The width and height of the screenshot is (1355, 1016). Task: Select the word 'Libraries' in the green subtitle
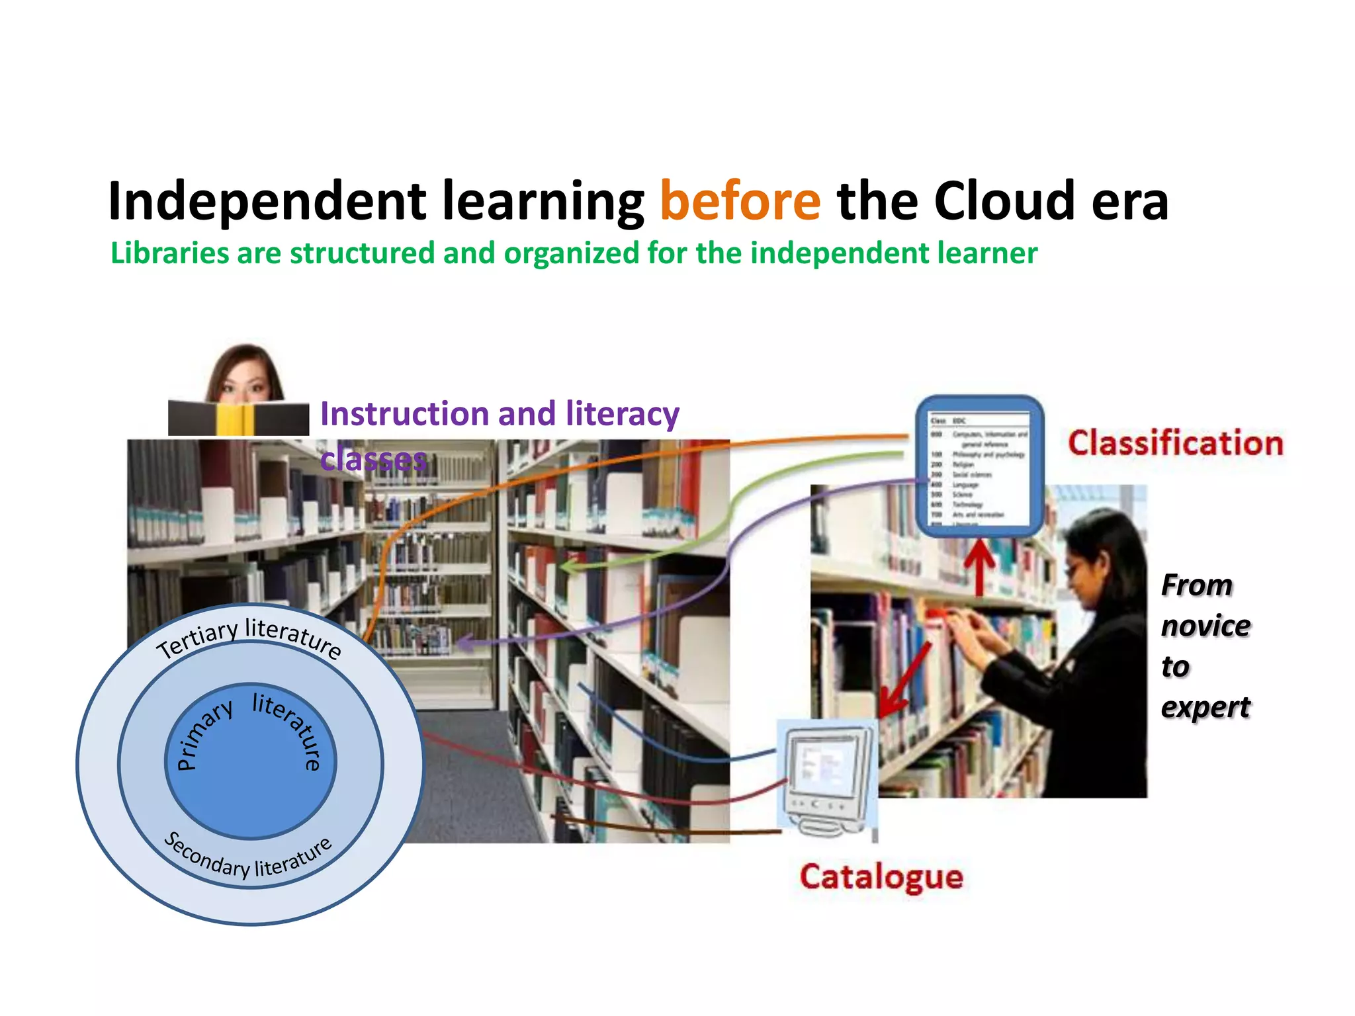coord(169,253)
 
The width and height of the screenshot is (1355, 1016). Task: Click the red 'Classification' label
coord(1175,443)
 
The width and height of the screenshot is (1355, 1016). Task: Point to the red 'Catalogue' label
coord(881,877)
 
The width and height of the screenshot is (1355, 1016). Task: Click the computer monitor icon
coord(827,774)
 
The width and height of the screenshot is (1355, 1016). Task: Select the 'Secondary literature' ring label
coord(247,858)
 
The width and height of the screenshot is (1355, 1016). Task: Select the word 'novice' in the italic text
coord(1205,626)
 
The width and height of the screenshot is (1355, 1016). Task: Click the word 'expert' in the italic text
coord(1205,707)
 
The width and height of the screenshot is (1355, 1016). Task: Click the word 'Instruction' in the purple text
coord(404,414)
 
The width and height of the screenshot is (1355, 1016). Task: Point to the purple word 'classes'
coord(374,458)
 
